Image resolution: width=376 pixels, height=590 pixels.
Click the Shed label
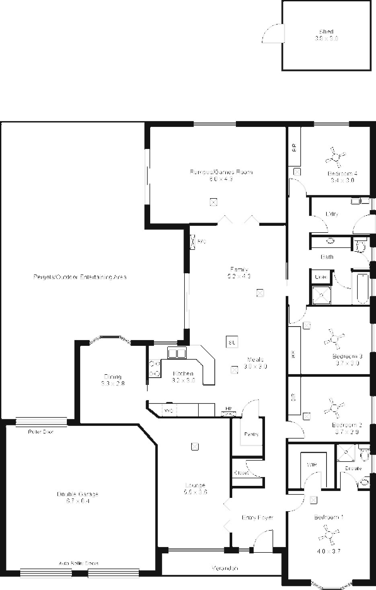326,31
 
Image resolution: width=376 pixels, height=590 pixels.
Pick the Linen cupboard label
320,277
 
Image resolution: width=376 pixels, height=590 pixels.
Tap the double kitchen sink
177,353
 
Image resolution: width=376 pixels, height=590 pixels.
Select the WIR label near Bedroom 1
311,466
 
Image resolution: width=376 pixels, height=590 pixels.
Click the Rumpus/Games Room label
213,172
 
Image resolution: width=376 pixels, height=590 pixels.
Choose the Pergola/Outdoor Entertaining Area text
80,276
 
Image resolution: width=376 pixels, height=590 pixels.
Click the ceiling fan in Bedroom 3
333,339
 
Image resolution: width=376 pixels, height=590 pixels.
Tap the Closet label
241,473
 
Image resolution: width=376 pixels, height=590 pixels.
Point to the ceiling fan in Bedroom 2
333,407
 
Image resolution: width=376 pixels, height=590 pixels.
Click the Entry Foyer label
257,517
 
